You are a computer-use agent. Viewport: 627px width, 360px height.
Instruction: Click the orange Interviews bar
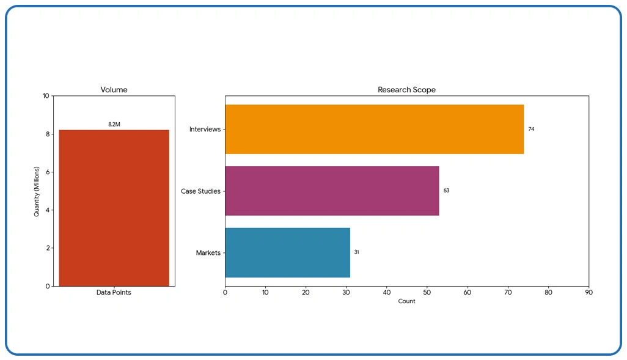coord(374,129)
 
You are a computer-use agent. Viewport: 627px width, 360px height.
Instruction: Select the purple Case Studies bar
coord(332,191)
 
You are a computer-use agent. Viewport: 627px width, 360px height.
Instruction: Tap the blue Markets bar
coord(287,252)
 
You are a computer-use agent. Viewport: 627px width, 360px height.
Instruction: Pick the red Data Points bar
coord(114,208)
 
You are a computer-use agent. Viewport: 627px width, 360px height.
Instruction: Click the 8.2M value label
coord(114,125)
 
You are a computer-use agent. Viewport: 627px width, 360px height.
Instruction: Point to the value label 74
coord(531,130)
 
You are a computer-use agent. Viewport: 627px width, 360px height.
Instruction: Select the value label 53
coord(446,191)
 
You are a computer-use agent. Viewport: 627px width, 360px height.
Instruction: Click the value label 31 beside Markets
coord(356,252)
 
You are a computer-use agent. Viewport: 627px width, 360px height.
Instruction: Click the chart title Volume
coord(114,90)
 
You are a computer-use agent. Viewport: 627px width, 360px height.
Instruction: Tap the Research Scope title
coord(406,90)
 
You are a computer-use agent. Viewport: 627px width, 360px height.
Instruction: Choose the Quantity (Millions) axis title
coord(37,191)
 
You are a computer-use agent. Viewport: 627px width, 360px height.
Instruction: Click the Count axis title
coord(406,301)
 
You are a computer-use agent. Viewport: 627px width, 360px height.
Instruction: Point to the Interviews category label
coord(205,130)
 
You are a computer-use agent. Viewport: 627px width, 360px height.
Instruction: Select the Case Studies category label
coord(200,191)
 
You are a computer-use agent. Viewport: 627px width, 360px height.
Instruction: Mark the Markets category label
coord(208,253)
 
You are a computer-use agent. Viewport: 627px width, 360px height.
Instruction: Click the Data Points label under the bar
coord(114,293)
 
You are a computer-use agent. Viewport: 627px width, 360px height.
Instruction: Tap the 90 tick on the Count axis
coord(588,293)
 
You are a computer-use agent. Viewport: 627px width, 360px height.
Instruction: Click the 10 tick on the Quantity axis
coord(46,96)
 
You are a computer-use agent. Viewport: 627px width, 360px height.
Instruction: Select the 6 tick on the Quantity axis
coord(48,172)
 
